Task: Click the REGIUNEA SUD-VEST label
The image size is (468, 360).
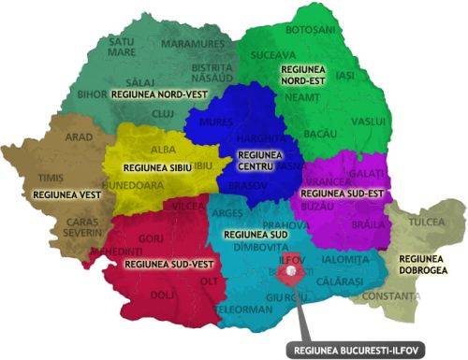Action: pos(158,265)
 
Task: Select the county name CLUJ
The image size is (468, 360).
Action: pos(162,112)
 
